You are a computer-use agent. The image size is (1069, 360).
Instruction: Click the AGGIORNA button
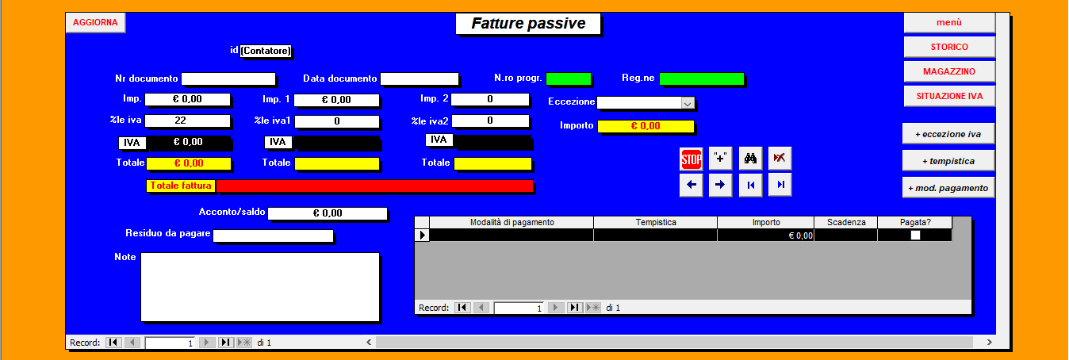tap(95, 22)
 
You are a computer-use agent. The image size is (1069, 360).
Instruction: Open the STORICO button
tap(949, 47)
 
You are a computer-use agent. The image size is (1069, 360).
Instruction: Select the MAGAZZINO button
tap(949, 71)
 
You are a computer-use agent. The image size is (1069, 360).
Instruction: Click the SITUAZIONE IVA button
tap(949, 96)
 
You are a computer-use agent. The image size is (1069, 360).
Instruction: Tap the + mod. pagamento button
tap(948, 188)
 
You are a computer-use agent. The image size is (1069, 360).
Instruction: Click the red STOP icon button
tap(691, 159)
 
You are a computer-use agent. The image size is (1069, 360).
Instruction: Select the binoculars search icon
tap(750, 159)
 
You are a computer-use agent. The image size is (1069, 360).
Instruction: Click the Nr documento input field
tap(228, 79)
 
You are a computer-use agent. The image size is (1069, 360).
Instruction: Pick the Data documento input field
tap(420, 79)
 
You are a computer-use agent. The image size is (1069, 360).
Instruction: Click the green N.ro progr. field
tap(569, 79)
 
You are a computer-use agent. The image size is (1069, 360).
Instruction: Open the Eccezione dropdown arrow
tap(688, 103)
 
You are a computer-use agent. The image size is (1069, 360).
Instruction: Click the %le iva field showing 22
tap(188, 121)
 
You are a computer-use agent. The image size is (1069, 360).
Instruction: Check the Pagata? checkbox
tap(915, 236)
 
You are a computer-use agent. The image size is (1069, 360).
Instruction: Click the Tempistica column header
tap(656, 223)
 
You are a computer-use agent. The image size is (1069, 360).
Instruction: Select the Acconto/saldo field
tap(328, 213)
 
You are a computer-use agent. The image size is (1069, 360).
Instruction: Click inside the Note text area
tap(260, 287)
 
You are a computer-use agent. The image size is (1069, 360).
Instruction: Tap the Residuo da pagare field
tap(274, 236)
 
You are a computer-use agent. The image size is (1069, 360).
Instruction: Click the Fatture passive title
tap(528, 24)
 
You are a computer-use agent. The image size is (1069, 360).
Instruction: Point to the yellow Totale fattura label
tap(181, 186)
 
